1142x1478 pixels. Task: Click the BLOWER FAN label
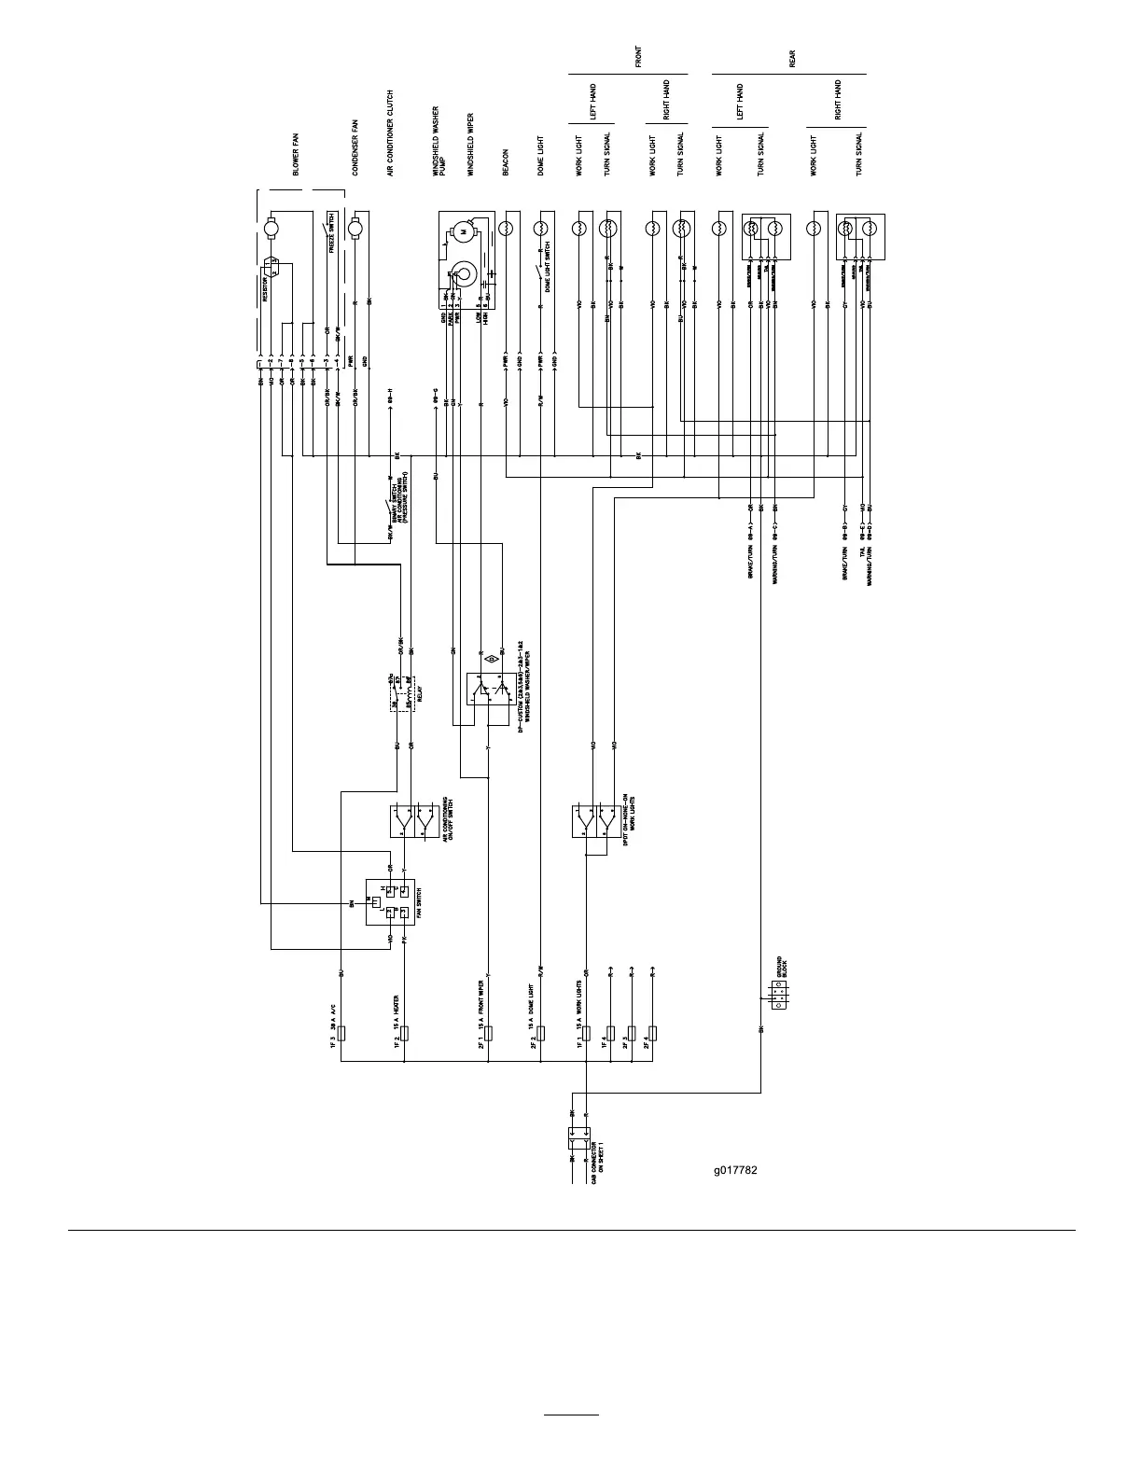point(296,155)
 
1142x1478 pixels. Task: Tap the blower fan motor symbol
point(272,227)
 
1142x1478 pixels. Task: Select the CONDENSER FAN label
point(355,148)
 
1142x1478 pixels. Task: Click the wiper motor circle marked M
point(461,230)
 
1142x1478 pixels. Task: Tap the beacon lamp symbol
point(506,227)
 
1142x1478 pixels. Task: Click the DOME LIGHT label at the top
point(540,156)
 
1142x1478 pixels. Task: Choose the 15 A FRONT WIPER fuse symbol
point(487,1033)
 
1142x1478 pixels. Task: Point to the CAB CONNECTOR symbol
point(578,1138)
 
